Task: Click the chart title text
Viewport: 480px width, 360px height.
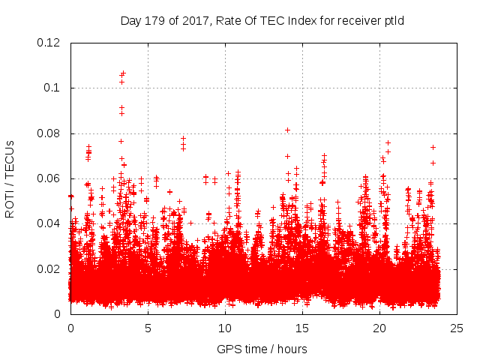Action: (262, 20)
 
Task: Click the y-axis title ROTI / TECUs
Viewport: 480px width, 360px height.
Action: (10, 178)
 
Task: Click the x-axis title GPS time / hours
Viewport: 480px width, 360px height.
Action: (262, 349)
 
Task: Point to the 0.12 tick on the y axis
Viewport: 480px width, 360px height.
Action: (49, 43)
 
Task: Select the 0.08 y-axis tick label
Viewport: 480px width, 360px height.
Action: (49, 133)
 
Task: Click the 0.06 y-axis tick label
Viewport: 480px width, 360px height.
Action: (49, 178)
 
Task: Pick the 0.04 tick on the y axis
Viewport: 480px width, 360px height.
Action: (49, 223)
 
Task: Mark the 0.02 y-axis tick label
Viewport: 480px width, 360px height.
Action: (49, 268)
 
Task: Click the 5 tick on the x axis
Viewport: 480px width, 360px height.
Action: (148, 328)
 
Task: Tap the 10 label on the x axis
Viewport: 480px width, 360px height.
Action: (225, 328)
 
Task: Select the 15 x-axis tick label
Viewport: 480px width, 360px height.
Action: (302, 328)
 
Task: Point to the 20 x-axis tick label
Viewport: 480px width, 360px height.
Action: (379, 328)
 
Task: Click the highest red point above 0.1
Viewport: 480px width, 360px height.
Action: (123, 73)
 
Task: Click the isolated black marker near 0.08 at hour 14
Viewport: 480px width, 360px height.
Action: (287, 130)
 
